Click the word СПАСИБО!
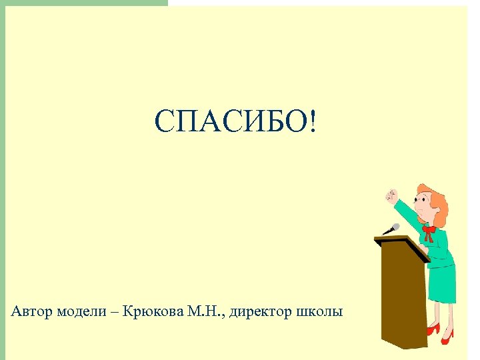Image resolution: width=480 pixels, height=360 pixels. [x=237, y=123]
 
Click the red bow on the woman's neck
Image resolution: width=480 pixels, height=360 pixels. [x=429, y=232]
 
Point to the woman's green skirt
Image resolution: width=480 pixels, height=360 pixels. [x=442, y=280]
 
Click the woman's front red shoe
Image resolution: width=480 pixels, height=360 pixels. [x=433, y=329]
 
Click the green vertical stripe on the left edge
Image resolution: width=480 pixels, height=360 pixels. [x=3, y=180]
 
